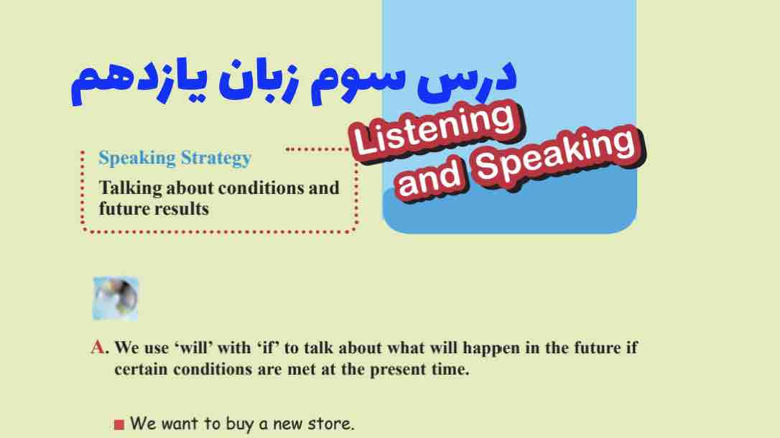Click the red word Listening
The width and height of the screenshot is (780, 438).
click(x=435, y=129)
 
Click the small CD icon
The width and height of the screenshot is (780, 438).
click(x=115, y=298)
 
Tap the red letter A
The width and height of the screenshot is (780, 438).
click(x=98, y=348)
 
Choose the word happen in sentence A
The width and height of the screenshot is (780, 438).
click(x=492, y=348)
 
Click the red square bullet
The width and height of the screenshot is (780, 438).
click(x=119, y=424)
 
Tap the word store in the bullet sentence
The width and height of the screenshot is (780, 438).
click(x=333, y=424)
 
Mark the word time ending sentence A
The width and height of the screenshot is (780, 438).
click(x=451, y=371)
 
